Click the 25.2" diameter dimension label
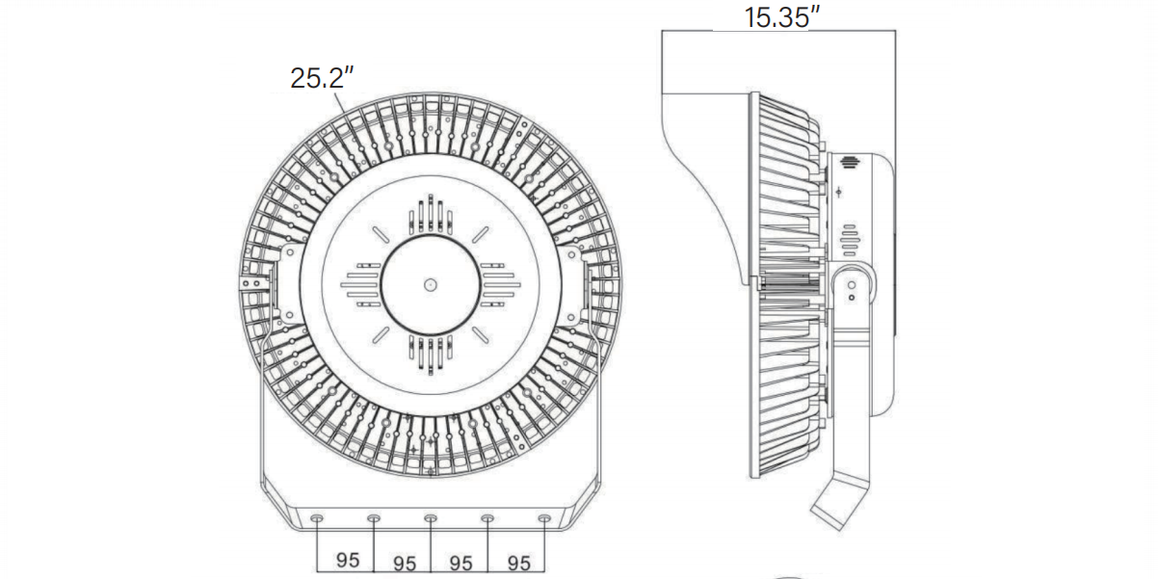pyautogui.click(x=317, y=78)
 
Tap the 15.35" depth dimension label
pyautogui.click(x=780, y=17)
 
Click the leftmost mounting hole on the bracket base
pyautogui.click(x=316, y=519)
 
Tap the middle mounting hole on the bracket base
pyautogui.click(x=430, y=519)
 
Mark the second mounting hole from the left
pyautogui.click(x=373, y=519)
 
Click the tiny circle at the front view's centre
pyautogui.click(x=430, y=284)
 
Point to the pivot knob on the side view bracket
pyautogui.click(x=852, y=285)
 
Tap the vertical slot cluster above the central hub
pyautogui.click(x=430, y=216)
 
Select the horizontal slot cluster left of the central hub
pyautogui.click(x=360, y=284)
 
